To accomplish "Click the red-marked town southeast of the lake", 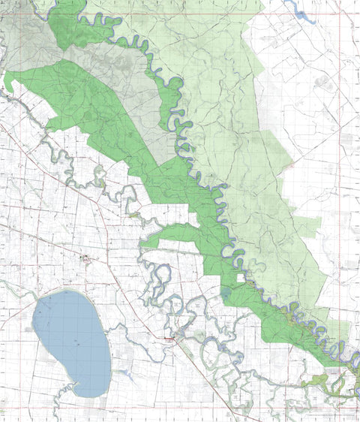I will pyautogui.click(x=170, y=339).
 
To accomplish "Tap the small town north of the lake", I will pyautogui.click(x=87, y=261).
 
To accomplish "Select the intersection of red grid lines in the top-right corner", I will pyautogui.click(x=339, y=13).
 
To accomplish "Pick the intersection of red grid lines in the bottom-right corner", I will pyautogui.click(x=339, y=408).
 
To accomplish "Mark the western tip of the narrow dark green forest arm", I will pyautogui.click(x=142, y=243).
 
